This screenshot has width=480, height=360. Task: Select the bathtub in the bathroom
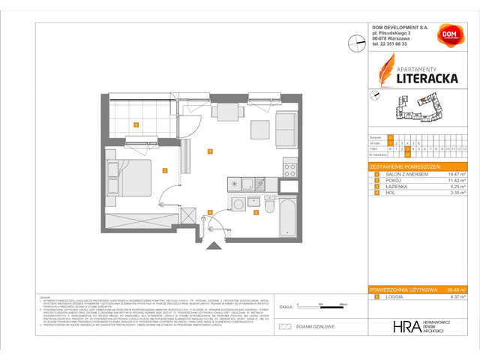288,215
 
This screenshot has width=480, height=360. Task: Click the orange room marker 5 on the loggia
136,124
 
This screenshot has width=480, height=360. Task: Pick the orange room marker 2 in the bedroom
164,170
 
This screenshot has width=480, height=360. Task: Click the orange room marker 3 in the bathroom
256,212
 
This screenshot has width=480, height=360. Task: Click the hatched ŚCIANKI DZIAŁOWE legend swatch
284,326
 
